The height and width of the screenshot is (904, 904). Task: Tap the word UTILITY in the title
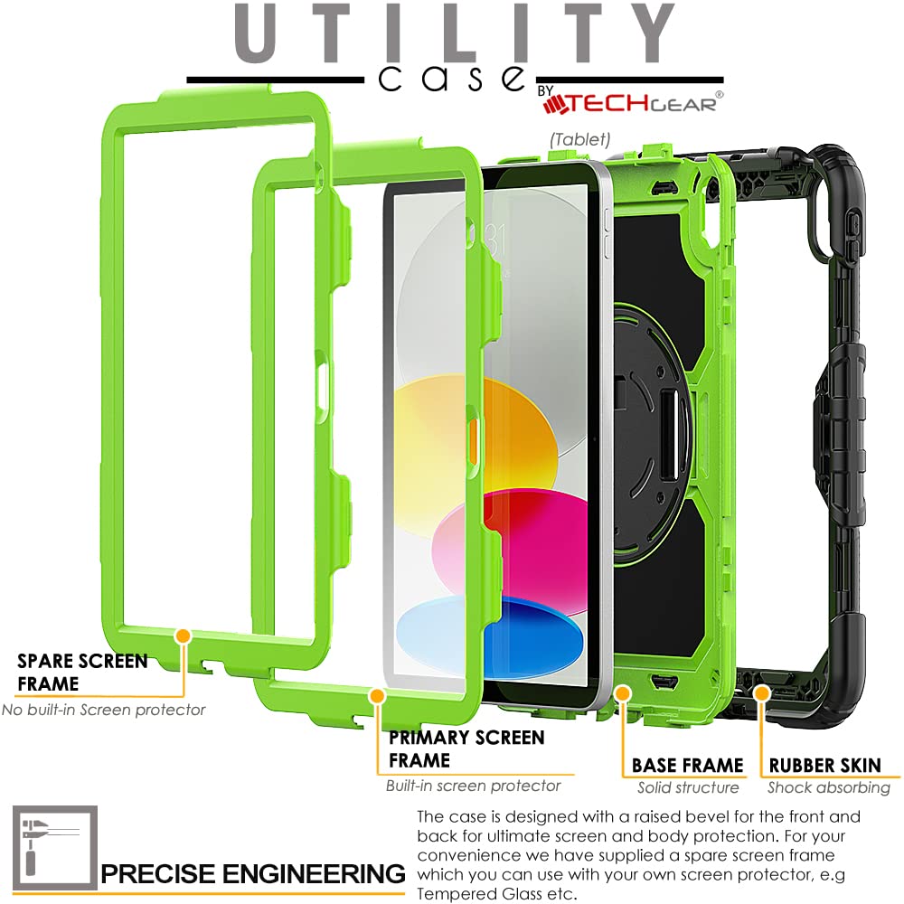click(x=455, y=33)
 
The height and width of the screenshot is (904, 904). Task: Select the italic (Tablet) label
click(x=579, y=139)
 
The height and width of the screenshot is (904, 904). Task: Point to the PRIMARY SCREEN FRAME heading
click(x=466, y=749)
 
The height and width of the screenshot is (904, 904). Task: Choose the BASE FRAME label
click(x=687, y=765)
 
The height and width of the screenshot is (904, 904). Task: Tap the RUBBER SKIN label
click(x=825, y=765)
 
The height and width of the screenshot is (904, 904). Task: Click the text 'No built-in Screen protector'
click(x=104, y=710)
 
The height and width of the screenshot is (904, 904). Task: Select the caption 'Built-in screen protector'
click(x=474, y=786)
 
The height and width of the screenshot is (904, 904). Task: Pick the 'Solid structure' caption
click(x=688, y=787)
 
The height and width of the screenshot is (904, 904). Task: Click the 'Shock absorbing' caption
click(x=829, y=788)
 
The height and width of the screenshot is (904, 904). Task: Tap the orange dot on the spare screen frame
click(x=184, y=636)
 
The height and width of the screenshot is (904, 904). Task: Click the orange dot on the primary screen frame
click(x=378, y=696)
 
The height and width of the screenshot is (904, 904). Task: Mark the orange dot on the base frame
click(x=623, y=693)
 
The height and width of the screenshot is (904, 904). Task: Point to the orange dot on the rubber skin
click(x=762, y=693)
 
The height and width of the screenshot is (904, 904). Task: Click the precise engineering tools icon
click(x=55, y=848)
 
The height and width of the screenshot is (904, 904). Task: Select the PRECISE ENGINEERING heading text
click(x=253, y=873)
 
